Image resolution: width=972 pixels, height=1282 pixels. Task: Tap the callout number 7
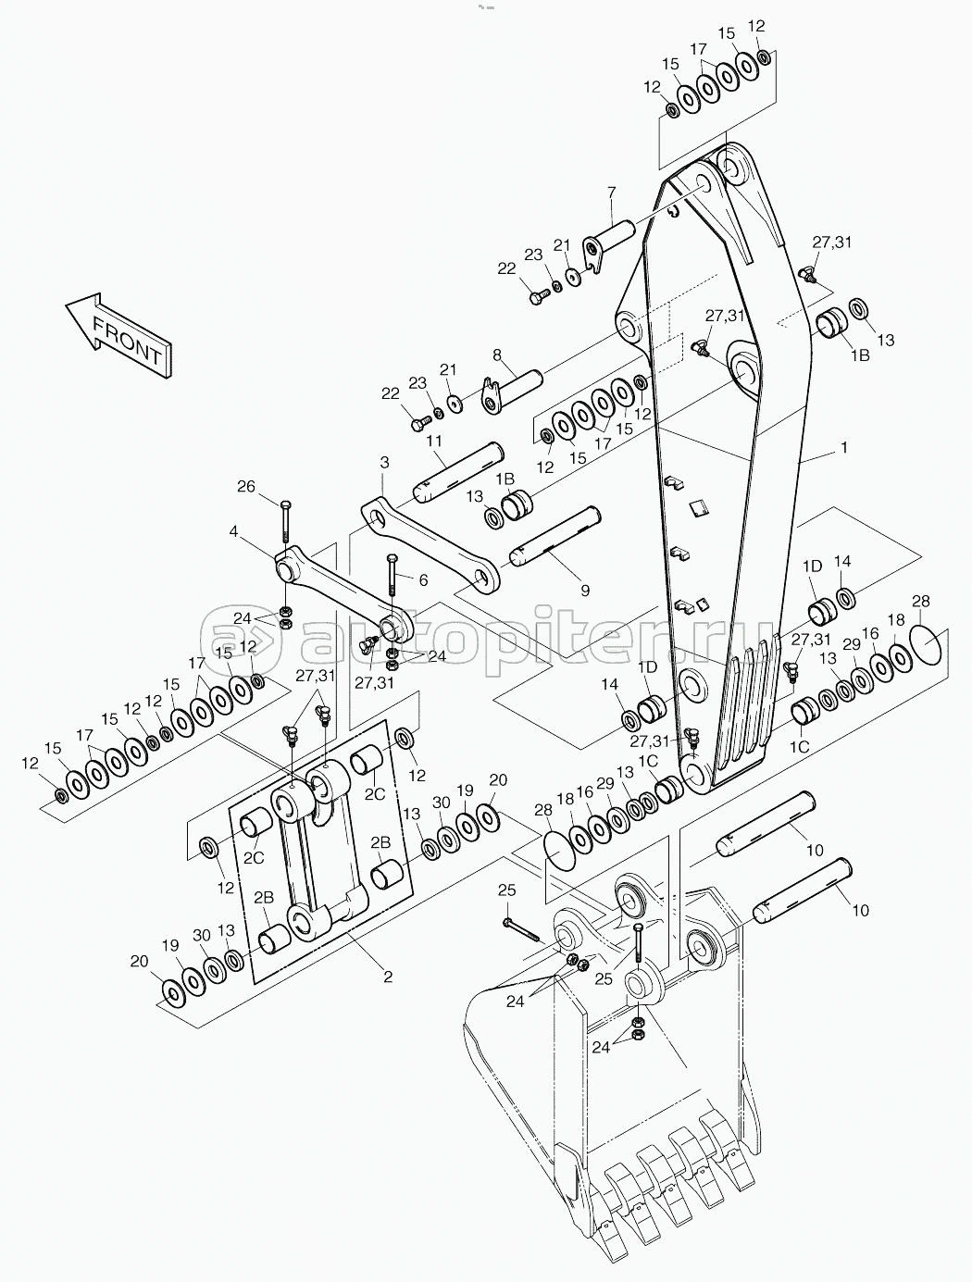pyautogui.click(x=611, y=192)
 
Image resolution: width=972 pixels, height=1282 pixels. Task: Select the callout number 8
pyautogui.click(x=497, y=355)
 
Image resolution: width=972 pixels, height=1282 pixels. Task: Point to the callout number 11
pyautogui.click(x=434, y=442)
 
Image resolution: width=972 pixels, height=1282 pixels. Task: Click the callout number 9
pyautogui.click(x=585, y=591)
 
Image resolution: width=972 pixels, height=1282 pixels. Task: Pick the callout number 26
pyautogui.click(x=246, y=486)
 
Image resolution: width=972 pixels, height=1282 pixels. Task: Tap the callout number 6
pyautogui.click(x=423, y=580)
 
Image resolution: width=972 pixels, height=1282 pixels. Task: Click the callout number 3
pyautogui.click(x=384, y=463)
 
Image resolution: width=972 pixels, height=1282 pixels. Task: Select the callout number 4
pyautogui.click(x=233, y=531)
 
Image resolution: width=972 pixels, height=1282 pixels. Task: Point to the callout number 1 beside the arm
pyautogui.click(x=843, y=447)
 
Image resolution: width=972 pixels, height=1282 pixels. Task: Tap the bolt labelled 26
pyautogui.click(x=284, y=521)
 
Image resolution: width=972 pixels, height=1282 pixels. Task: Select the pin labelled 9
pyautogui.click(x=555, y=537)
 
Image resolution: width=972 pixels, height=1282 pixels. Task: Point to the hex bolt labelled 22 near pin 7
pyautogui.click(x=537, y=298)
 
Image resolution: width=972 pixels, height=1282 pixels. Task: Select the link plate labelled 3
pyautogui.click(x=430, y=542)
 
